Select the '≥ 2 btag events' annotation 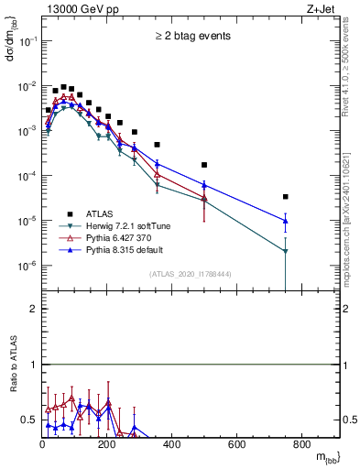pos(191,37)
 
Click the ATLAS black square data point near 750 pos(286,196)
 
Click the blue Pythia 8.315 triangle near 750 pos(286,220)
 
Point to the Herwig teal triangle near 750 pos(286,251)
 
